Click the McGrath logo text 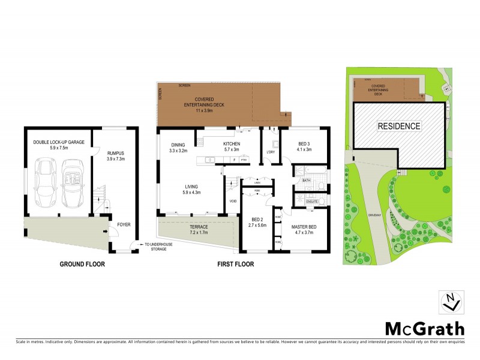click(x=424, y=328)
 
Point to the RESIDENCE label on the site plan click(x=398, y=126)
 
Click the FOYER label click(x=124, y=224)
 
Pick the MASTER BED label click(x=304, y=227)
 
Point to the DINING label click(x=178, y=145)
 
